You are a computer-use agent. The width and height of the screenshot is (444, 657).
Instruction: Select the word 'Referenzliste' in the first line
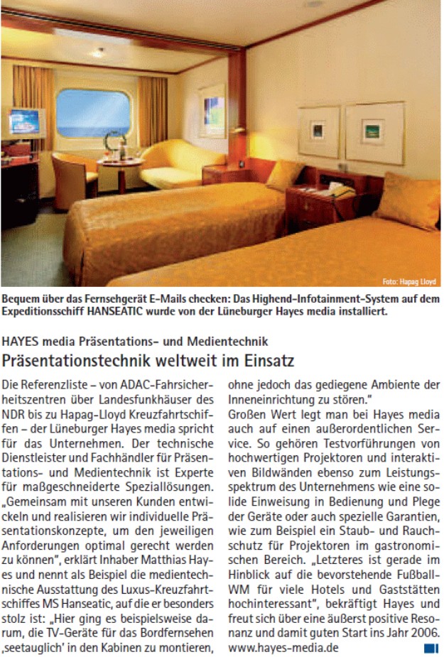click(58, 385)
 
